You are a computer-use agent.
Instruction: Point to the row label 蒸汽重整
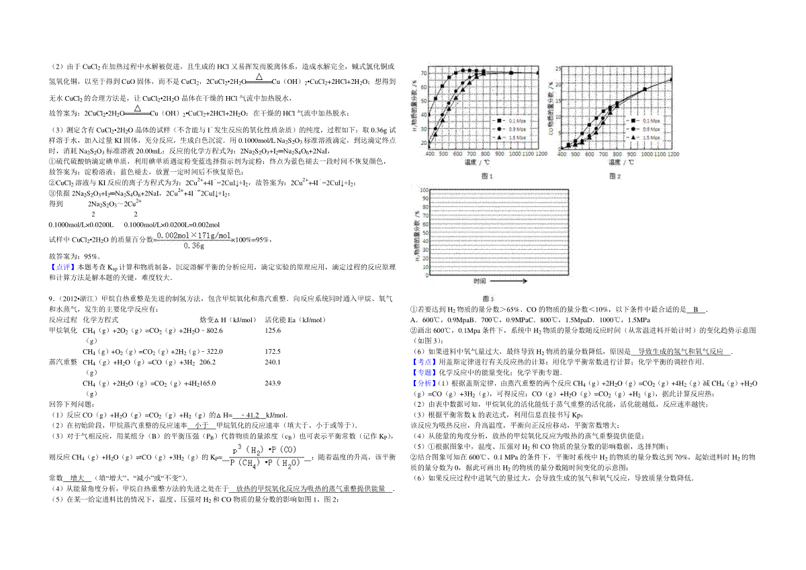[62, 362]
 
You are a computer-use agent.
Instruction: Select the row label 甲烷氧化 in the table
[62, 330]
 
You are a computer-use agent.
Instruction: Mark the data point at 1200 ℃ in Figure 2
[672, 80]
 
